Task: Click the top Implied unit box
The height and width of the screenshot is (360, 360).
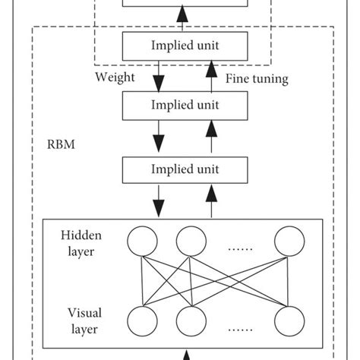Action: tap(180, 46)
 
